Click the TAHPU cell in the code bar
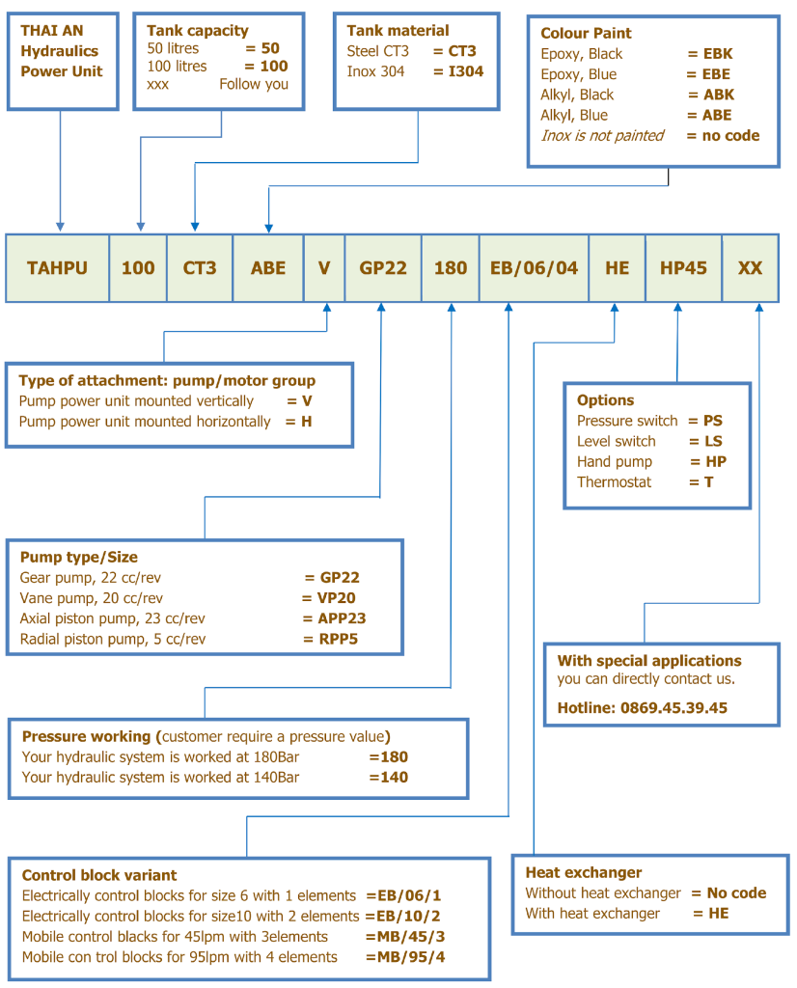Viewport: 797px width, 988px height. (x=57, y=268)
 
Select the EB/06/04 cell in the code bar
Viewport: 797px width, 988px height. (x=535, y=268)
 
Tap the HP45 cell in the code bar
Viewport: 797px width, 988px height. (x=683, y=268)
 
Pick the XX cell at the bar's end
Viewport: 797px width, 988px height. (x=751, y=268)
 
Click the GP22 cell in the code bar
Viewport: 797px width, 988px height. (x=383, y=268)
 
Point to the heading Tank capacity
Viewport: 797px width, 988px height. (x=198, y=30)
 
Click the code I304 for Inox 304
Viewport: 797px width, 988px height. (x=466, y=71)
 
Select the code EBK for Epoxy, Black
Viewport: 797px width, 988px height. (x=718, y=54)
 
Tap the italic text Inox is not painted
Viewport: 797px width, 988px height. (x=602, y=135)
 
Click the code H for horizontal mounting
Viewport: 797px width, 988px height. (x=306, y=422)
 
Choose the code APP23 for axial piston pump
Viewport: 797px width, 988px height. (x=342, y=618)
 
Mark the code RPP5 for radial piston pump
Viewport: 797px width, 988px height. (x=339, y=639)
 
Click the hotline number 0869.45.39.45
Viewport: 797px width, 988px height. (x=673, y=708)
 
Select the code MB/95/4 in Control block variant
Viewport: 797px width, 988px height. (x=411, y=957)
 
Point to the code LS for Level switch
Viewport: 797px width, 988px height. (x=713, y=441)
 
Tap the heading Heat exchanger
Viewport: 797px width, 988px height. (x=584, y=872)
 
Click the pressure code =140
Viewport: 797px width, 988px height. (x=389, y=778)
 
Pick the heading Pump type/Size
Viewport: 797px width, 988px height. (x=79, y=557)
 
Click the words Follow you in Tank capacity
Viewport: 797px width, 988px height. (x=254, y=84)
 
